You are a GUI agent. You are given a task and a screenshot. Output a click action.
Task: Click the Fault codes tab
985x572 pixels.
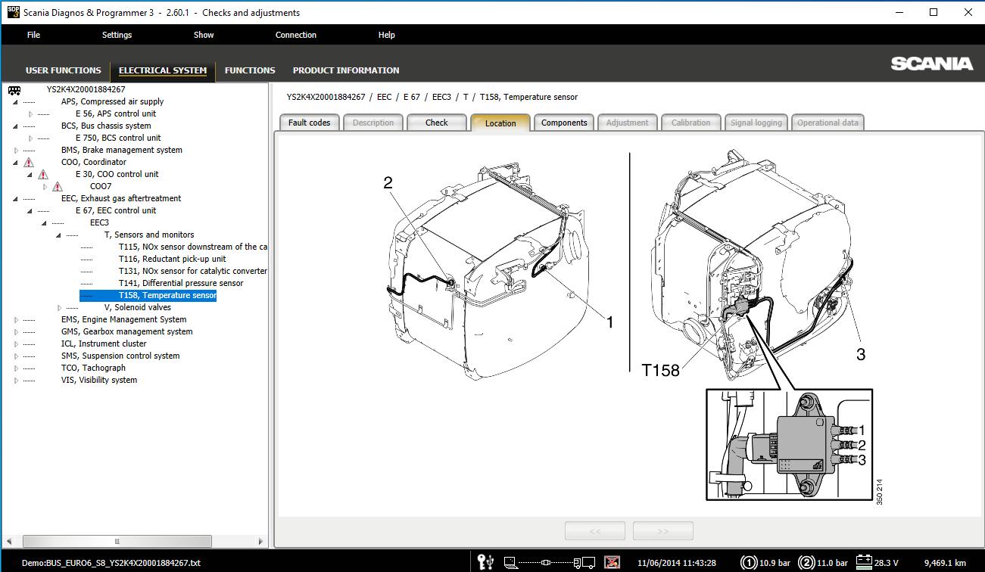point(309,123)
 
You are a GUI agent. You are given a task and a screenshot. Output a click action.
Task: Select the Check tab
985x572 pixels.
point(436,123)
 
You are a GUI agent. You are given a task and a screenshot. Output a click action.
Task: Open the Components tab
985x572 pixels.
point(564,123)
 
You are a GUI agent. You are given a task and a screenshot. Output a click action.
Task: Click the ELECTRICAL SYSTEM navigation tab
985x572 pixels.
point(163,70)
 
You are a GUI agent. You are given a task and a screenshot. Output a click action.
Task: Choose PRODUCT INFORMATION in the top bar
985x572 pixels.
point(346,70)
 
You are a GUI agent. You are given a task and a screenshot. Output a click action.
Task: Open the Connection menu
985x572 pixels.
point(295,35)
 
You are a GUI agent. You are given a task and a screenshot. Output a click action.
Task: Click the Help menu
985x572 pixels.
point(386,35)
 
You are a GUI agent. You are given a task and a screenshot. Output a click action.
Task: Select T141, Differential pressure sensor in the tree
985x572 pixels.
point(181,283)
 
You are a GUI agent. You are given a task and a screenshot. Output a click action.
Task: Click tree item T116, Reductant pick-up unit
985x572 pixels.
point(172,259)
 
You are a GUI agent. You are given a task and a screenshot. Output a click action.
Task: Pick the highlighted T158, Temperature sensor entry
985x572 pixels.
point(167,295)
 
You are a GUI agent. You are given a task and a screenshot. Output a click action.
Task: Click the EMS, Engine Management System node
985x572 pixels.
point(123,319)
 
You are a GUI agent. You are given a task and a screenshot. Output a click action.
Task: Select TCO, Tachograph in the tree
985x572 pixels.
point(93,368)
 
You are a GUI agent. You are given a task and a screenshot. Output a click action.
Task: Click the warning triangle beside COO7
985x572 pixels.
point(58,186)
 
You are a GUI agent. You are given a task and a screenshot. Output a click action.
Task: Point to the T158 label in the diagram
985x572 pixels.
point(661,370)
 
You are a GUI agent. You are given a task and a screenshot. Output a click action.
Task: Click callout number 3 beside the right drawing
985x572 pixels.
point(861,354)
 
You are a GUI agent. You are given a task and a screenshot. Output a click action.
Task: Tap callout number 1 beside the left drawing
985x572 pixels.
point(609,322)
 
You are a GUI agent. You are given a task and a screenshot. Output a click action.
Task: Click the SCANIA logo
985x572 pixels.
point(931,64)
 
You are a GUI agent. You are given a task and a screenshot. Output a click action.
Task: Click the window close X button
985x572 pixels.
point(968,12)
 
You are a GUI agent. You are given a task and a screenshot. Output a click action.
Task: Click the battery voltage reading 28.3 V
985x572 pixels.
point(887,563)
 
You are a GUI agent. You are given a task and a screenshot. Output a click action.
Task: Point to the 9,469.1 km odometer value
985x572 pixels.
point(945,563)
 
